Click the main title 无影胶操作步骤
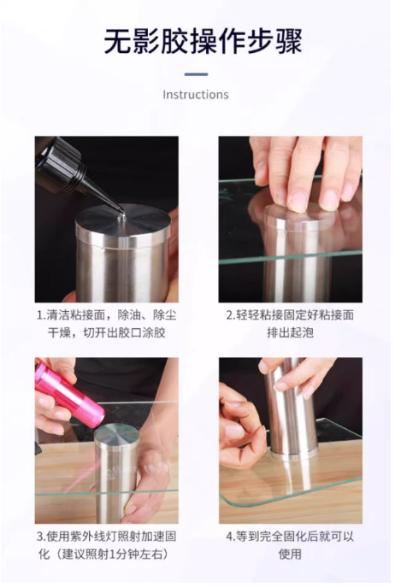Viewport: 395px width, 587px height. click(203, 42)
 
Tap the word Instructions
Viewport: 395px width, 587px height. click(196, 95)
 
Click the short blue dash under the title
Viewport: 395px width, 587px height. click(196, 74)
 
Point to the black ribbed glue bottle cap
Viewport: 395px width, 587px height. click(59, 164)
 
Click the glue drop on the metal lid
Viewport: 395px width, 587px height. click(121, 216)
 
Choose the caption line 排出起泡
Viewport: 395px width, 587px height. click(290, 332)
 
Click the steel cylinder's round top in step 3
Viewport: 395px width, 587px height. click(116, 434)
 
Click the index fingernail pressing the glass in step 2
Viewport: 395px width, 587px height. click(297, 203)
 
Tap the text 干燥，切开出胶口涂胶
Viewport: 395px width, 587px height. click(106, 333)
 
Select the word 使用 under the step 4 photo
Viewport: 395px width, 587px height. click(290, 554)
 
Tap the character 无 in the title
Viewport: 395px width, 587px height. click(117, 42)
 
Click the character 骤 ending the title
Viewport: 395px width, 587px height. click(288, 42)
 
